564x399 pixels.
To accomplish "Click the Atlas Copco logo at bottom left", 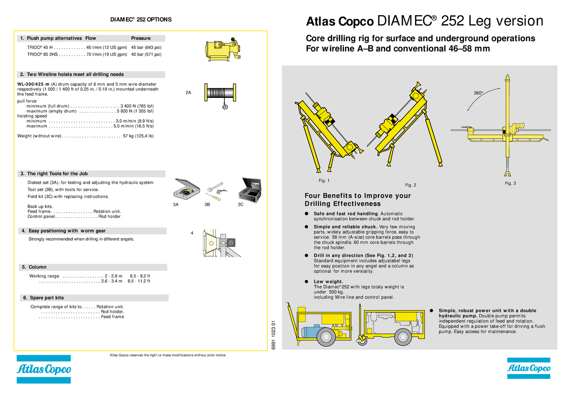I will tap(44, 369).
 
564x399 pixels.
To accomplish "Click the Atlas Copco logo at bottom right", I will tap(528, 369).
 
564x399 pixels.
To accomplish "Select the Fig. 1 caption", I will tap(324, 180).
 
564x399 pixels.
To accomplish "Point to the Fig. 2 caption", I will tap(410, 185).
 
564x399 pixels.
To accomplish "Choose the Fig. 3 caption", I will tap(510, 183).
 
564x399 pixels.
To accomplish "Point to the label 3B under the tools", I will tap(207, 205).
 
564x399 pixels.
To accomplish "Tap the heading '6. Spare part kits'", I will tap(43, 298).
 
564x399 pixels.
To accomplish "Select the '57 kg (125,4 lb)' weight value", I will tap(138, 136).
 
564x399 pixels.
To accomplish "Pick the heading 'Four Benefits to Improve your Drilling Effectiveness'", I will tap(358, 199).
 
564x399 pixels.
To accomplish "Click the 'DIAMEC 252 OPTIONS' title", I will tap(141, 20).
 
